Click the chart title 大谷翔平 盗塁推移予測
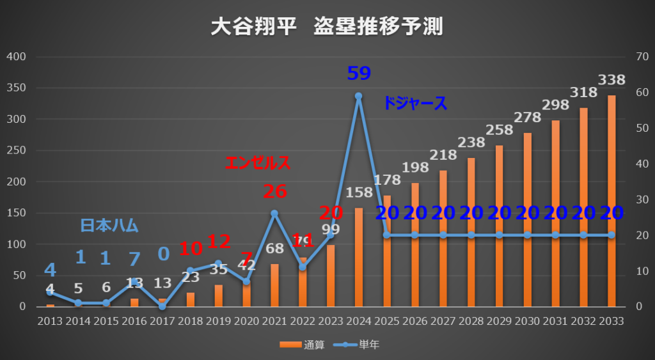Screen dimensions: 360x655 (x=327, y=26)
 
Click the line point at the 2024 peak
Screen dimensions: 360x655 (x=358, y=96)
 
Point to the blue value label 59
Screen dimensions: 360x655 (x=358, y=74)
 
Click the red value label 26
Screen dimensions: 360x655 (x=274, y=191)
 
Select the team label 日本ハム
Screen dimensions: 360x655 (x=109, y=225)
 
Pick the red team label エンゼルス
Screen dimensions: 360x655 (x=258, y=163)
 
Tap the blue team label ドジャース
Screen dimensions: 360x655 (x=415, y=104)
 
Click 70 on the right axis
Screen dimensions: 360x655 (x=639, y=57)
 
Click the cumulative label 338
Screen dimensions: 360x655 (x=612, y=80)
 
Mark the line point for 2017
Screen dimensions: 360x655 (x=162, y=306)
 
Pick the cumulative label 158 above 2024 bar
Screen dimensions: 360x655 (x=358, y=191)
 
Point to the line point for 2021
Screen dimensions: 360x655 (x=274, y=213)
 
